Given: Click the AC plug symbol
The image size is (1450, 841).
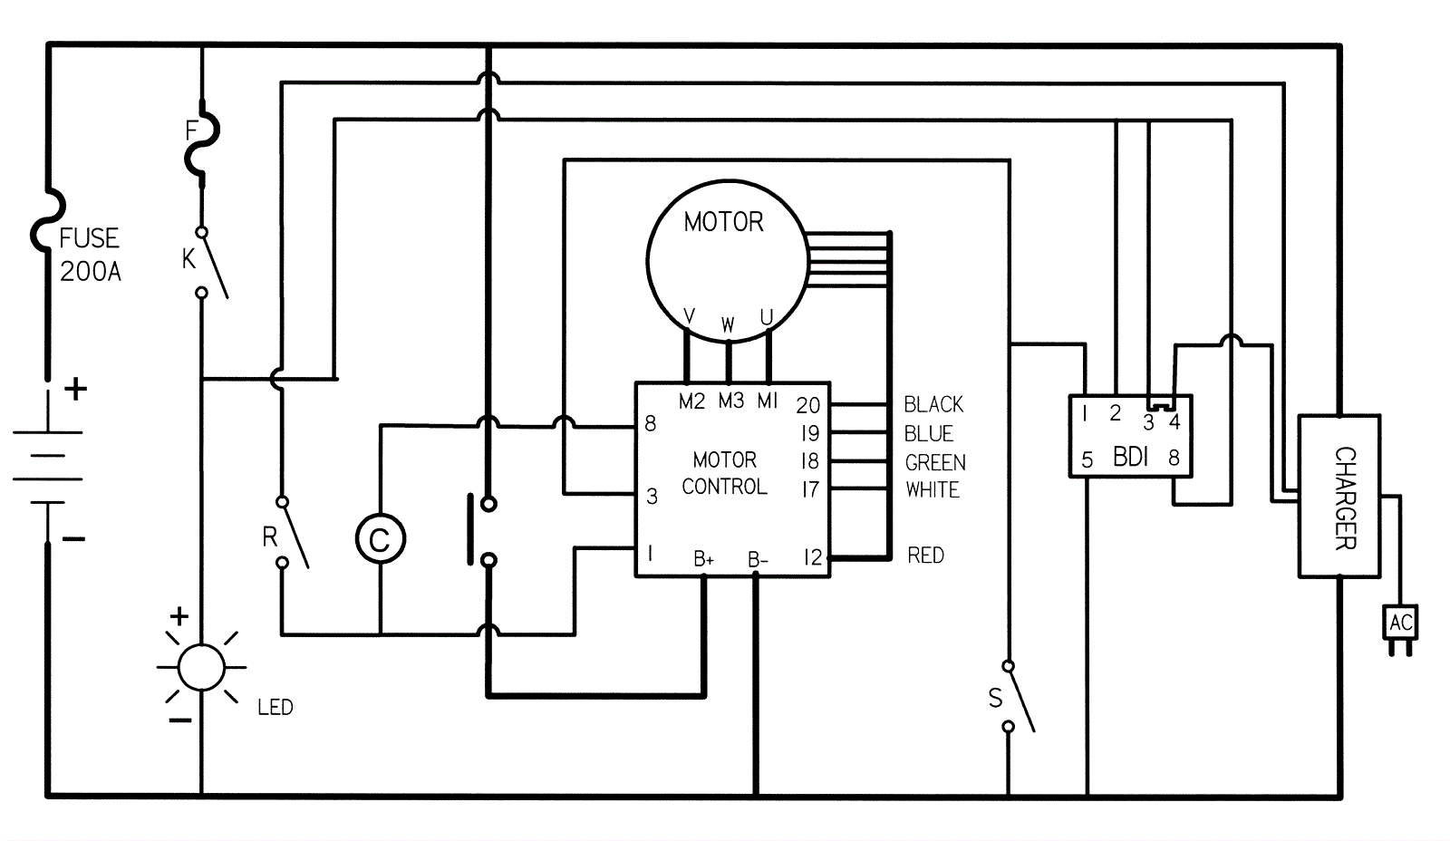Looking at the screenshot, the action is (1400, 629).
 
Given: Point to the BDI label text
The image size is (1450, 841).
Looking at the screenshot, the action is (1130, 457).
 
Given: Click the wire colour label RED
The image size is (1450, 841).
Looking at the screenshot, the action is (925, 556).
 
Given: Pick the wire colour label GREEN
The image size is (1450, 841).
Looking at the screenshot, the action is (935, 462).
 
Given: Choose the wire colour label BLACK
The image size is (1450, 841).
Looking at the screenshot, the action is (933, 404).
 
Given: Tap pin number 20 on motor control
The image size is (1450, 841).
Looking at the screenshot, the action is (807, 405).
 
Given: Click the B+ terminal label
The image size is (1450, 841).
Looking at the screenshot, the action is (703, 559).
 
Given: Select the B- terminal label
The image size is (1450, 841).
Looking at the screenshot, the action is (758, 559).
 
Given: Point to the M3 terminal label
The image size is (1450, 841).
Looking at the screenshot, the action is (730, 401).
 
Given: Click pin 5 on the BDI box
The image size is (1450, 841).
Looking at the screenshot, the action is (1087, 459).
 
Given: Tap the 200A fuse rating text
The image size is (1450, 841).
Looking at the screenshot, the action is (91, 272).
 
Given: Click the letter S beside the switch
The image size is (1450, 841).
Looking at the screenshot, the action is (995, 698).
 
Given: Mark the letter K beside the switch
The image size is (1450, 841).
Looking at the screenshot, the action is (188, 259).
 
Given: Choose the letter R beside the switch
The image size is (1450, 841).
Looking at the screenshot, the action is (269, 536).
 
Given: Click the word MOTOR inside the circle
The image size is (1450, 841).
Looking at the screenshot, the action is (724, 222).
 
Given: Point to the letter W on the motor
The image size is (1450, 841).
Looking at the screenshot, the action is (728, 325).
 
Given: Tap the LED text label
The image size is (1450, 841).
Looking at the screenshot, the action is (275, 707).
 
